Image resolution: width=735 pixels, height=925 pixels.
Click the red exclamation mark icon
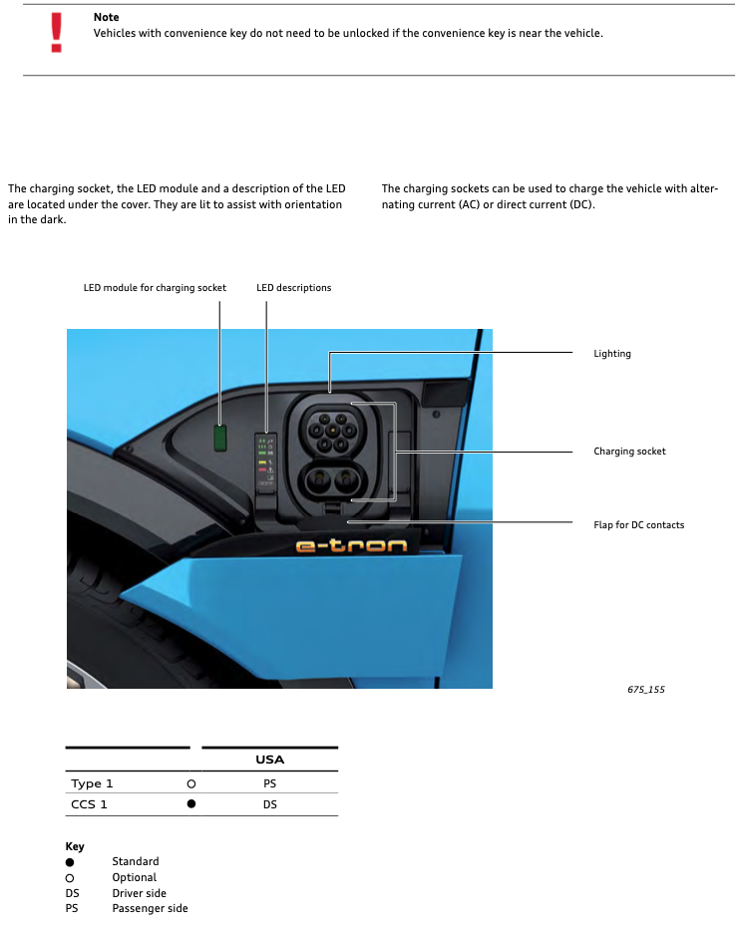pos(57,32)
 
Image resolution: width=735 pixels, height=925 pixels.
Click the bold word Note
pos(106,17)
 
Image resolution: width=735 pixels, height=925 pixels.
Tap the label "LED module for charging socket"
pos(155,288)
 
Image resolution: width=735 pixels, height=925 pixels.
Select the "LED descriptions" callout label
pos(293,288)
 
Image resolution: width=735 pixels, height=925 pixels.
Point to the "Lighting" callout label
pos(612,354)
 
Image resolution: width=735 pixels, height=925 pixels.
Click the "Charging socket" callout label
pos(629,452)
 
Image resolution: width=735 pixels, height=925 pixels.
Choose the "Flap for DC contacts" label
pos(638,524)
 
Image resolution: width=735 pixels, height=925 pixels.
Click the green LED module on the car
pos(220,437)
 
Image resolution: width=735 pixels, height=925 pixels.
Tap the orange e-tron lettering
pos(352,546)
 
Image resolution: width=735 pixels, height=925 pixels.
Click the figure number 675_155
pos(646,689)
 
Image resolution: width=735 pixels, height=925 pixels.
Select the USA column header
pos(270,760)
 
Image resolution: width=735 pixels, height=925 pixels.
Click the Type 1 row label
pos(92,783)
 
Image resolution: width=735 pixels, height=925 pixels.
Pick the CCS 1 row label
pos(89,804)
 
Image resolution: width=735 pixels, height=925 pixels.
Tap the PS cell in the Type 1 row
pos(270,783)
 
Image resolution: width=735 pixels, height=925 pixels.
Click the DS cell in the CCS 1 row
pos(270,804)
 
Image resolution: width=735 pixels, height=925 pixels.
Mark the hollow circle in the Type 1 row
pos(190,784)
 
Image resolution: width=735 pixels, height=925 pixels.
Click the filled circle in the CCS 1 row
pos(190,804)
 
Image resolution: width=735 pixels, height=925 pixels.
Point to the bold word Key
pos(75,846)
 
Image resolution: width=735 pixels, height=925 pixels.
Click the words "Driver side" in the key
pos(139,893)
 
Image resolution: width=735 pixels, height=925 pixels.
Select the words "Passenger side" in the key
pos(150,908)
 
